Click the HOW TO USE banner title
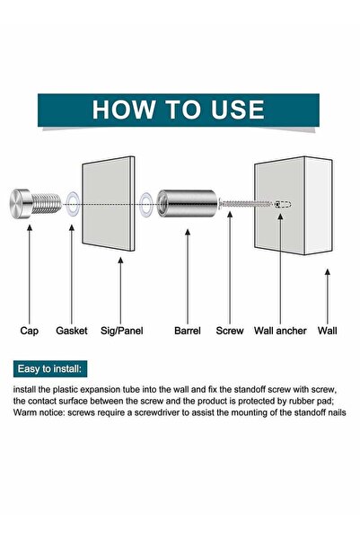coord(179,110)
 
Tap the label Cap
coord(30,331)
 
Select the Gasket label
coord(72,331)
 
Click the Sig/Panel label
coord(122,331)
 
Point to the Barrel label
coord(188,331)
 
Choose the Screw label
coord(230,331)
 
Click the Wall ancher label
coord(280,331)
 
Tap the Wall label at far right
coord(328,331)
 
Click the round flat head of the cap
coord(20,203)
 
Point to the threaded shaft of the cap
coord(47,203)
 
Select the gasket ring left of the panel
coord(73,204)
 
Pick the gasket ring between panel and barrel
coord(146,205)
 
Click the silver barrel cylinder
coord(187,203)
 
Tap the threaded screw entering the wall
coord(245,204)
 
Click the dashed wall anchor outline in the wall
coord(283,204)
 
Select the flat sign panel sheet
coord(108,204)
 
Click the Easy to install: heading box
coord(50,369)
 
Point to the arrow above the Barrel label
coord(188,277)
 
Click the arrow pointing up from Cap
coord(30,274)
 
